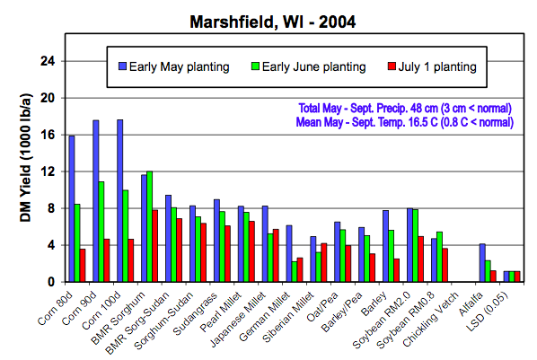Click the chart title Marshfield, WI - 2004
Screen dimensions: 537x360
(273, 22)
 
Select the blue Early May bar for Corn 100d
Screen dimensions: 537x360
(119, 201)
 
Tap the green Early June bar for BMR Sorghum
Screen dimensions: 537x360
(149, 227)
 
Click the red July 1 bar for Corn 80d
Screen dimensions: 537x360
(83, 266)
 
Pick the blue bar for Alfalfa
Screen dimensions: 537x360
(482, 263)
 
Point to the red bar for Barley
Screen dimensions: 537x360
(397, 270)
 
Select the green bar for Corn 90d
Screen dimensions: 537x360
(101, 232)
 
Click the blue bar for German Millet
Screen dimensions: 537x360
(289, 253)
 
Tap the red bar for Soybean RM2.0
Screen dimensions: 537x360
(421, 259)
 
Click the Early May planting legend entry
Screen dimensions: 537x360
(174, 66)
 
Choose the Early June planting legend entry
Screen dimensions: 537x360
(309, 66)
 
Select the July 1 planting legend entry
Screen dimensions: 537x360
(432, 66)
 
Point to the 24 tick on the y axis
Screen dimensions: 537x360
(48, 61)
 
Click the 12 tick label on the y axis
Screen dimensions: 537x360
(48, 171)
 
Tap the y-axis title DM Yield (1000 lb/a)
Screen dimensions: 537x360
(26, 158)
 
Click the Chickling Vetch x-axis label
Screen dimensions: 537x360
(430, 320)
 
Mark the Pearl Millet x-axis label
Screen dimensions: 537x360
(221, 312)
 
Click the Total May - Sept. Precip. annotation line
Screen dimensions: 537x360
(405, 109)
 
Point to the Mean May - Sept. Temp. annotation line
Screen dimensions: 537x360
(405, 122)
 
